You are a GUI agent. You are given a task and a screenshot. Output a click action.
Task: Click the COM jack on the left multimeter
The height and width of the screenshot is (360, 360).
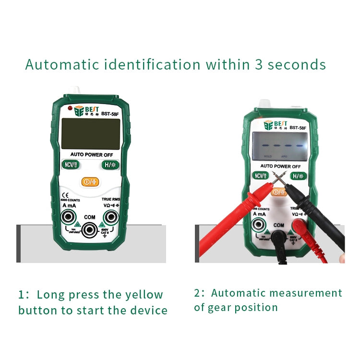pos(90,230)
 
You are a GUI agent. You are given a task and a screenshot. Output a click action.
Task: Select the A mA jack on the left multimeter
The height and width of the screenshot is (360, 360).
pos(69,218)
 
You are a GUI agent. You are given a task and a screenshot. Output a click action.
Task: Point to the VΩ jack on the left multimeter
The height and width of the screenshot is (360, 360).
pos(111,218)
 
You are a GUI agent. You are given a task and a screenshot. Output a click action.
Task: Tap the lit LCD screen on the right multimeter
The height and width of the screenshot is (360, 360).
pos(280,147)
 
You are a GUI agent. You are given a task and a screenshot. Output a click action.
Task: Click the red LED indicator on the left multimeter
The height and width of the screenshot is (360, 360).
pos(70,108)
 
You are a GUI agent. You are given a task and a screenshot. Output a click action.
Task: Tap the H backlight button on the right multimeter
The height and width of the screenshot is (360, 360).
pos(298,176)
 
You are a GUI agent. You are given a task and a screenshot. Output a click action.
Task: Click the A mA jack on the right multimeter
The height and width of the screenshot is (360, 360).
pos(259,224)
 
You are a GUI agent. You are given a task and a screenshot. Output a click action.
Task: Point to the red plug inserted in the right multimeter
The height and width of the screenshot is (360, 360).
pos(300,225)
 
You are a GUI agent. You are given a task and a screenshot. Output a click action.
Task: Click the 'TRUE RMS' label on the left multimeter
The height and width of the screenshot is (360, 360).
pos(110,199)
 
